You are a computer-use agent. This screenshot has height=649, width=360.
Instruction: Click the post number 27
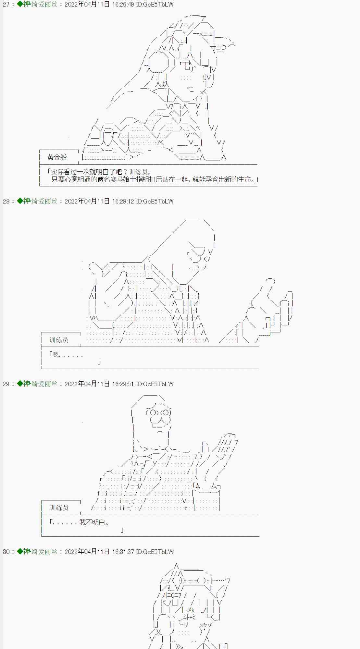(6, 5)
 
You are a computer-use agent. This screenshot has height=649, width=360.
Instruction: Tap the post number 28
(6, 202)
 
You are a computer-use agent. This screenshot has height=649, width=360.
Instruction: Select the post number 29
(6, 384)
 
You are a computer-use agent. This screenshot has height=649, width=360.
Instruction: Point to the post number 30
(6, 552)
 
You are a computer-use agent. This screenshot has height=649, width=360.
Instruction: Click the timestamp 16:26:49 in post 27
(123, 5)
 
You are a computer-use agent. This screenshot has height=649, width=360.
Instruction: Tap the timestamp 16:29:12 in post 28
(123, 202)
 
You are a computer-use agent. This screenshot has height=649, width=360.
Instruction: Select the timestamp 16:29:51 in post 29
(123, 384)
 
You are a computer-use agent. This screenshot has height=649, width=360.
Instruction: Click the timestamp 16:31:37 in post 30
(123, 552)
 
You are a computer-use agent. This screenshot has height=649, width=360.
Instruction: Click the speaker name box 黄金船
(57, 157)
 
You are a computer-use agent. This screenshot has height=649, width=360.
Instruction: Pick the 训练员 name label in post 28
(59, 340)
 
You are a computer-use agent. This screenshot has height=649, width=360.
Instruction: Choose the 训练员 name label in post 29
(59, 508)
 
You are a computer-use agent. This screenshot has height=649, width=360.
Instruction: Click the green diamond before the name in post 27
(20, 4)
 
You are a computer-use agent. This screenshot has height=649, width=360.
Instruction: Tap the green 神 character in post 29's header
(27, 384)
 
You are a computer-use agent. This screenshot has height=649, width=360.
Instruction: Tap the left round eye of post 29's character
(152, 413)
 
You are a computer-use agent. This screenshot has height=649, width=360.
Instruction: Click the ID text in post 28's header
(155, 202)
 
